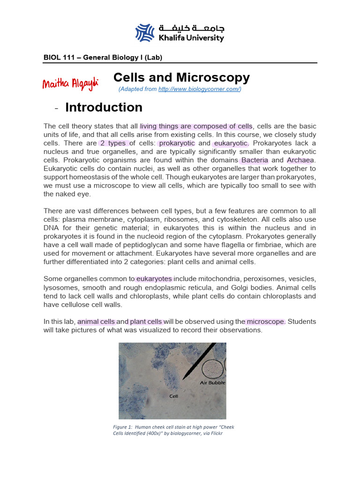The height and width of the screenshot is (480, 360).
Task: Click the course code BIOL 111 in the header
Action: [59, 58]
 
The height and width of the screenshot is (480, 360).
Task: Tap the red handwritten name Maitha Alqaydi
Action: [70, 84]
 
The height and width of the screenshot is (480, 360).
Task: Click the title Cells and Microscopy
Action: [182, 78]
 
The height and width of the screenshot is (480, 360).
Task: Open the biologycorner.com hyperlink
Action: [199, 89]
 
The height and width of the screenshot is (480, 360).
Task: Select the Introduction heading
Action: [104, 107]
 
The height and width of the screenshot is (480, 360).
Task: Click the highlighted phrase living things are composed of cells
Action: [196, 127]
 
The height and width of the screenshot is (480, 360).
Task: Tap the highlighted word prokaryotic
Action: [176, 143]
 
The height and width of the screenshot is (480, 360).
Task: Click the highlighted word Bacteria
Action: [255, 160]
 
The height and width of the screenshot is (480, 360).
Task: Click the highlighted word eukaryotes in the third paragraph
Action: [154, 279]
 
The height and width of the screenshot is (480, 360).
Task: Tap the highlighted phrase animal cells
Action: [96, 322]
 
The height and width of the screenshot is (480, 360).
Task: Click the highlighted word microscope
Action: [266, 322]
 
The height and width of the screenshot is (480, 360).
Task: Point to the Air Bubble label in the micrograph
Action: [213, 382]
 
